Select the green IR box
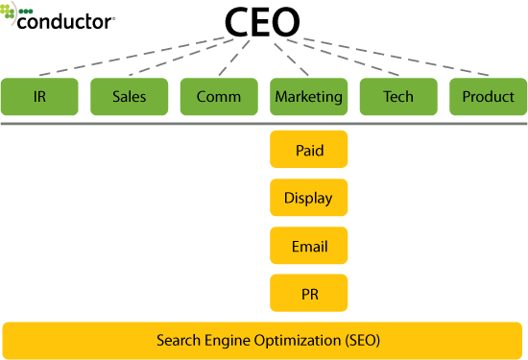point(38,97)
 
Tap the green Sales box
point(129,97)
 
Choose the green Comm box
point(219,97)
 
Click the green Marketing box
point(309,97)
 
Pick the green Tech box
point(398,97)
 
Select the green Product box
point(488,97)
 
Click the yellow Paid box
point(309,151)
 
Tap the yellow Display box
point(309,199)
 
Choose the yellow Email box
point(309,247)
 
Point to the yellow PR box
point(309,293)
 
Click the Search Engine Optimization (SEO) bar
point(264,340)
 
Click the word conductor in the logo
point(66,19)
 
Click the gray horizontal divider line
point(264,124)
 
